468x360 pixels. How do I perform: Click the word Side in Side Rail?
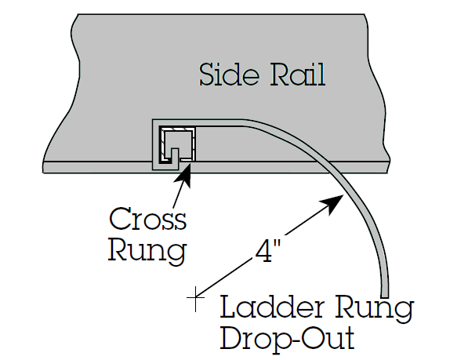pyautogui.click(x=229, y=74)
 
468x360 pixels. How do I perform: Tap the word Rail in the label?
pyautogui.click(x=298, y=74)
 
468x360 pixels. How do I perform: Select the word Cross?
pyautogui.click(x=147, y=219)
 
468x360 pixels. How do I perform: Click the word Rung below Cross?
pyautogui.click(x=147, y=251)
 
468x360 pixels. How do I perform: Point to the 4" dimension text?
pyautogui.click(x=268, y=251)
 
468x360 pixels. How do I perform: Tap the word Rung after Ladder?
pyautogui.click(x=374, y=309)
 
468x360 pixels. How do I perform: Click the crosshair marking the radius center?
pyautogui.click(x=195, y=297)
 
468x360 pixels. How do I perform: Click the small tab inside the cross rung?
pyautogui.click(x=175, y=155)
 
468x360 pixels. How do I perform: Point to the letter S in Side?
pyautogui.click(x=207, y=74)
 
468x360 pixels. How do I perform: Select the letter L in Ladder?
pyautogui.click(x=230, y=306)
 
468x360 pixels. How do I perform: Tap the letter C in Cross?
pyautogui.click(x=120, y=219)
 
